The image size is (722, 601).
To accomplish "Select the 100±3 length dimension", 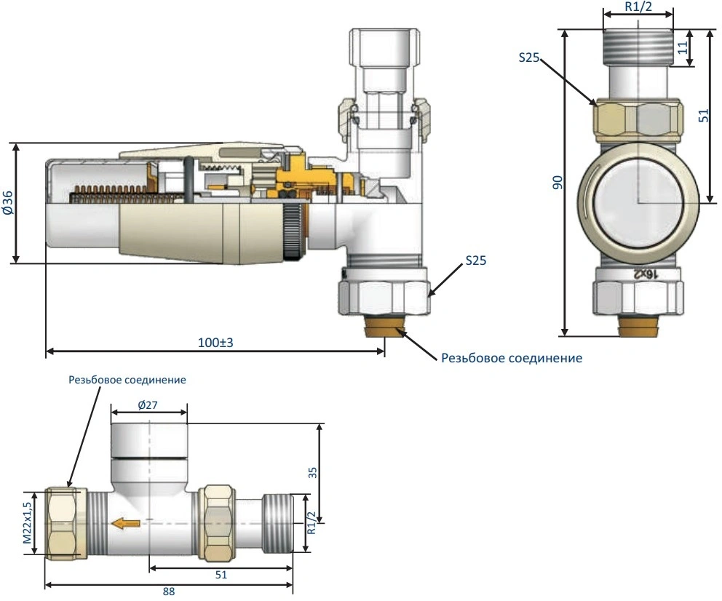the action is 215,343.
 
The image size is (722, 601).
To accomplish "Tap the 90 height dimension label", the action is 558,182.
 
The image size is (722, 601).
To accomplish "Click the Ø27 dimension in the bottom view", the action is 147,405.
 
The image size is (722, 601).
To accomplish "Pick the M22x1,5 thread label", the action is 28,522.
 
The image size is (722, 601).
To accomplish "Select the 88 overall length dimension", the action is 169,592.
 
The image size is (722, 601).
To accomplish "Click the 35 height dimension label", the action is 313,473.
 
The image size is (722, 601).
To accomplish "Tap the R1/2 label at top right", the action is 638,7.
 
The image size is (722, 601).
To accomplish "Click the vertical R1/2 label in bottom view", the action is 312,522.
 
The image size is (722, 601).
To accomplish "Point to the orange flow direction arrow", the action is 126,522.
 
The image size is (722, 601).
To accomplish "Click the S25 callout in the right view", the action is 528,57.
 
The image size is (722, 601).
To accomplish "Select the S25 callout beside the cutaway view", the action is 476,260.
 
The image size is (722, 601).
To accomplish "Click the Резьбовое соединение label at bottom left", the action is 127,380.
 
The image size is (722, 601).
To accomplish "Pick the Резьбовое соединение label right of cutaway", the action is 512,358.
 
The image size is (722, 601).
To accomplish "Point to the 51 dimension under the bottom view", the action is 221,575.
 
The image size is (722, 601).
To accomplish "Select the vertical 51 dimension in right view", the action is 704,115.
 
